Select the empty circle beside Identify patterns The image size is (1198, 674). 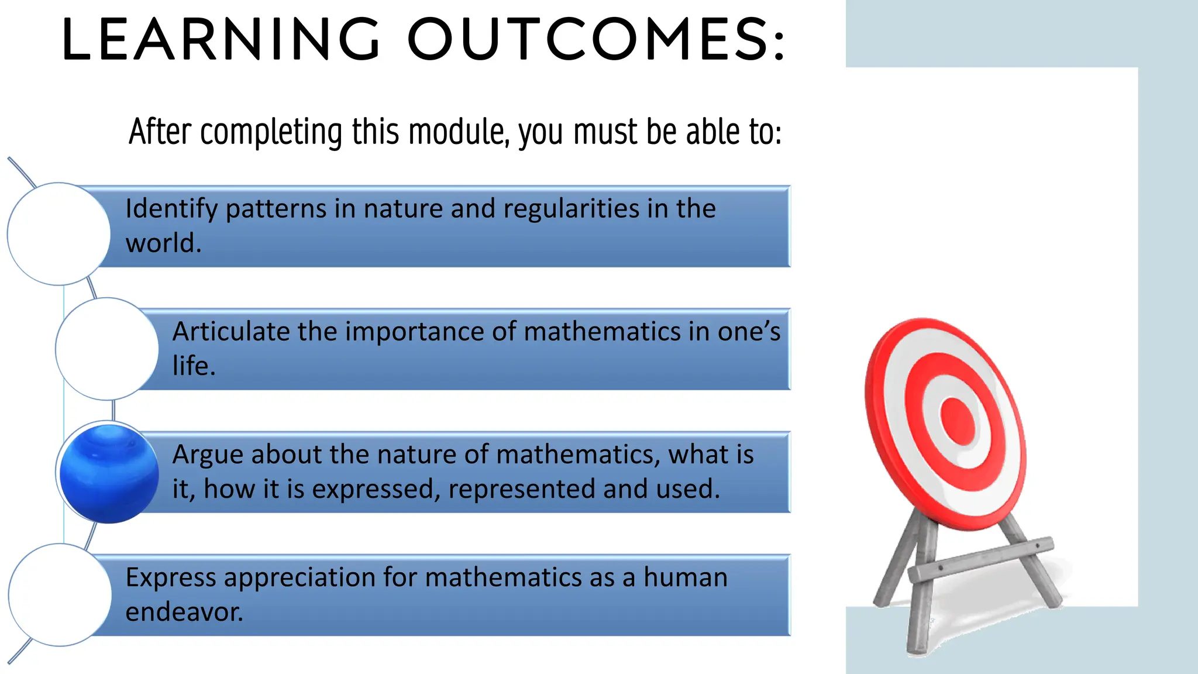point(58,234)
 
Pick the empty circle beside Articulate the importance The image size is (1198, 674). point(107,349)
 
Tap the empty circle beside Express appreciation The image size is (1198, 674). point(60,594)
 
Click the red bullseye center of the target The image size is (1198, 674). point(958,421)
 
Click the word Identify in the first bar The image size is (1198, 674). point(171,209)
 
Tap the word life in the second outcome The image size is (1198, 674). point(190,366)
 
